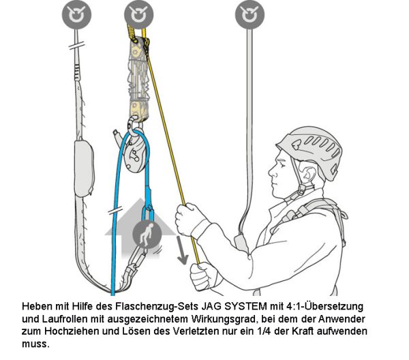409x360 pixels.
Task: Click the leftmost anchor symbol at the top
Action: (76, 14)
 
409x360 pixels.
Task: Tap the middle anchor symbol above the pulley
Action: (139, 14)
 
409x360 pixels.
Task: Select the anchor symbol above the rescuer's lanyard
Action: (249, 14)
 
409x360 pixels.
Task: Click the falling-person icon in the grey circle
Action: (147, 234)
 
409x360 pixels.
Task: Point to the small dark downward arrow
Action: (182, 250)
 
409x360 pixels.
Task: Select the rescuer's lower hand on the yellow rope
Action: (202, 277)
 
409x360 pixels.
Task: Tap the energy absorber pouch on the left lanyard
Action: (84, 169)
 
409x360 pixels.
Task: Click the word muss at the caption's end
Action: (35, 344)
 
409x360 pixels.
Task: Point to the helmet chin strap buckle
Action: (301, 190)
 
